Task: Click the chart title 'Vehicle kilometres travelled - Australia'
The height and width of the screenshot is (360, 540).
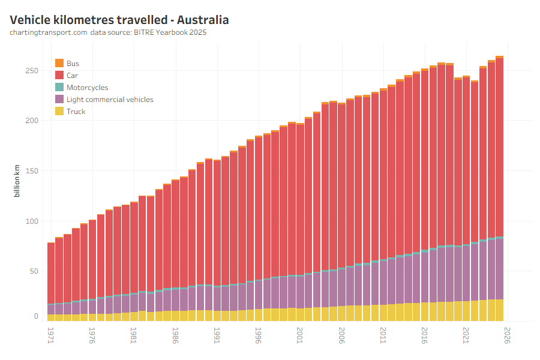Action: pos(119,20)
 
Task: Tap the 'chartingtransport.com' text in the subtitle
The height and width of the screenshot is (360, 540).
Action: pos(49,32)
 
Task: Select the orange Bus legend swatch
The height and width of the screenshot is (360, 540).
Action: pos(59,63)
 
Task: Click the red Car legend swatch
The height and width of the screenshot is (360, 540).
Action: pos(59,75)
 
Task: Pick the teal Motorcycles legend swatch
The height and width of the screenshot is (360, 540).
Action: pos(59,87)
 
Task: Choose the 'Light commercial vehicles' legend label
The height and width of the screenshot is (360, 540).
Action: pos(110,99)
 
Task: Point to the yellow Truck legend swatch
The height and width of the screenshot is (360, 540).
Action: pos(59,111)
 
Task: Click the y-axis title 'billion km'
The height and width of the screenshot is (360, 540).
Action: pos(17,181)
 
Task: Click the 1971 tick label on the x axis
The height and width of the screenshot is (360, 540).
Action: pos(50,334)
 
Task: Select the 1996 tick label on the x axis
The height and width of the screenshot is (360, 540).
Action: pos(259,334)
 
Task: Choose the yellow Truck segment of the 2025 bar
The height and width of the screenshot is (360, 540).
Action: pos(499,310)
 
